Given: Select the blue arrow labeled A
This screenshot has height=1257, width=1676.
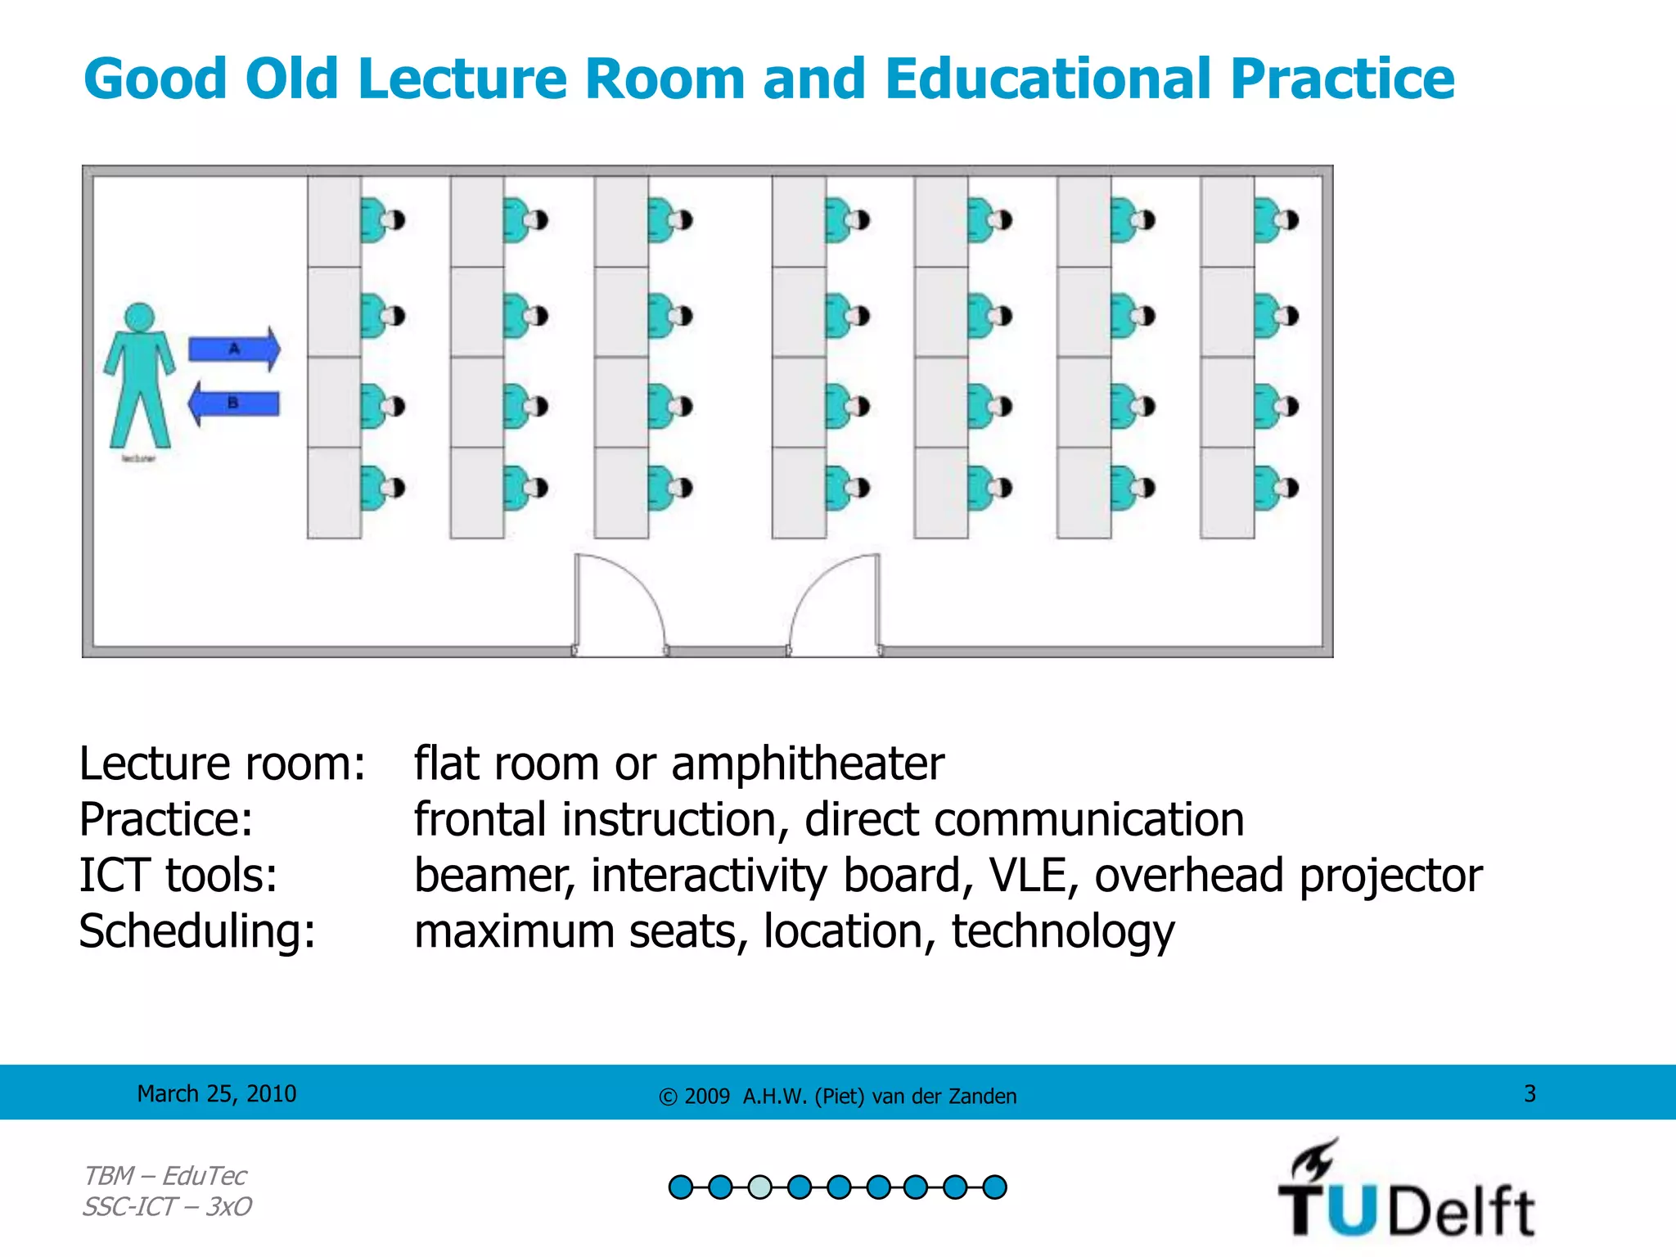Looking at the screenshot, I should (x=234, y=349).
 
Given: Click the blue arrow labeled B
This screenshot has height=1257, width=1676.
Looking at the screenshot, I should (x=234, y=403).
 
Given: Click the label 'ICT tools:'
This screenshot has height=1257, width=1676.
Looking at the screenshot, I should (x=178, y=875).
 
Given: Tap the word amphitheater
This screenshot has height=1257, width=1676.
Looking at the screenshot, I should (x=807, y=764).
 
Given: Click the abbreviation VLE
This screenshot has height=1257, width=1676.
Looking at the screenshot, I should (x=1033, y=875).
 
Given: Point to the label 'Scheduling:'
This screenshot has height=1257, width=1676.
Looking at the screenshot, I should (x=197, y=931).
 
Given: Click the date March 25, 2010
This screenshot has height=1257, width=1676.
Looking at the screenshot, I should (x=217, y=1093).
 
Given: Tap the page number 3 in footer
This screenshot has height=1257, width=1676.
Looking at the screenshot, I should (x=1530, y=1093).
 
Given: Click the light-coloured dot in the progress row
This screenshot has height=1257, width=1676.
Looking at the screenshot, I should (x=759, y=1187).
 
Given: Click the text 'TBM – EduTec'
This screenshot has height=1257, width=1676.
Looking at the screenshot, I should (x=164, y=1176).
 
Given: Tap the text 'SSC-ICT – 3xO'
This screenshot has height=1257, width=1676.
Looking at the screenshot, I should (x=167, y=1206).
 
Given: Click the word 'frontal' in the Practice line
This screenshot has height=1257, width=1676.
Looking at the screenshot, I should (x=480, y=819).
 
